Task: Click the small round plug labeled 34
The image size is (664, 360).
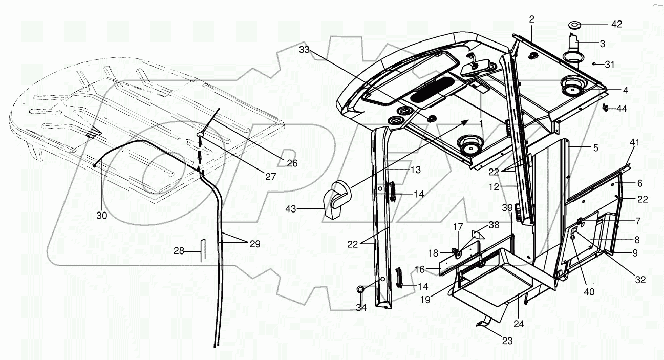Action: click(x=361, y=290)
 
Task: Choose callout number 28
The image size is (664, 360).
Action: click(x=178, y=251)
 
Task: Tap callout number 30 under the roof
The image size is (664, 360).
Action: click(x=102, y=216)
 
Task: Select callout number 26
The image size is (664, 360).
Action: click(x=292, y=163)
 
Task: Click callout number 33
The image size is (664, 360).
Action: click(x=305, y=50)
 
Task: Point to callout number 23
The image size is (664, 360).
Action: click(x=507, y=341)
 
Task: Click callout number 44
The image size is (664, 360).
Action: click(x=622, y=109)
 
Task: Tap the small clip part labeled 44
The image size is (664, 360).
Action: click(x=606, y=108)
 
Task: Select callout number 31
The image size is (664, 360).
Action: click(x=609, y=64)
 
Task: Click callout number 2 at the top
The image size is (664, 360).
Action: click(x=531, y=19)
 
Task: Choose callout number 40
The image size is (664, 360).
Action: click(x=589, y=292)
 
